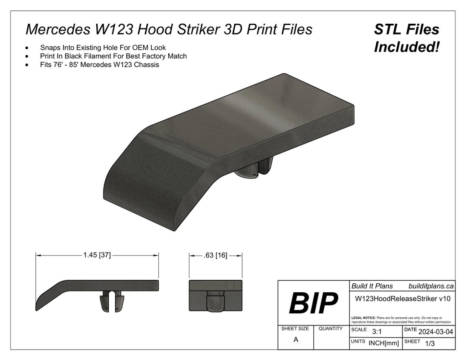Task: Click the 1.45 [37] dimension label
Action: pos(97,255)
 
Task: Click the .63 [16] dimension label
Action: pos(215,255)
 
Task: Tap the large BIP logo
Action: pos(313,303)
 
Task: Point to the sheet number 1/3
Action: pos(430,344)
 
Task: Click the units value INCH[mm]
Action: pos(383,343)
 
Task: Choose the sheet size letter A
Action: pos(296,340)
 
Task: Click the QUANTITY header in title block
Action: pos(331,329)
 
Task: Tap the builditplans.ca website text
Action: pos(430,286)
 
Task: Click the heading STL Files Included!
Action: pos(406,38)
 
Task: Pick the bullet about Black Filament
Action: pos(113,56)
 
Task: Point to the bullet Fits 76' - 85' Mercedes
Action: pos(100,65)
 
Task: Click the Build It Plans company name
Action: pos(372,286)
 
